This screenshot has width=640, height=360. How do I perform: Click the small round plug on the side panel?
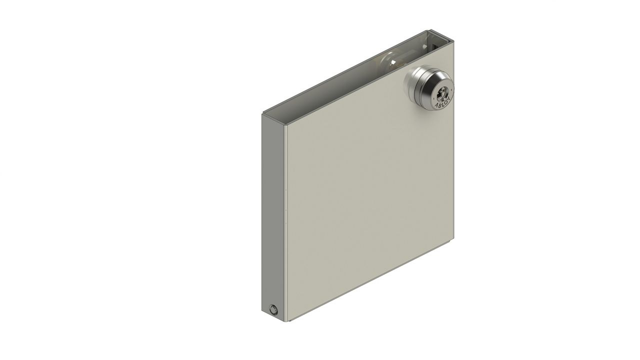273,309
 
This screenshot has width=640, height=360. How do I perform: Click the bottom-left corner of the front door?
285,320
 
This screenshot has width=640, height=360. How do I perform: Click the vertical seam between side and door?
283,220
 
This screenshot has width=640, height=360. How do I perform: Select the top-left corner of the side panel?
261,113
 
